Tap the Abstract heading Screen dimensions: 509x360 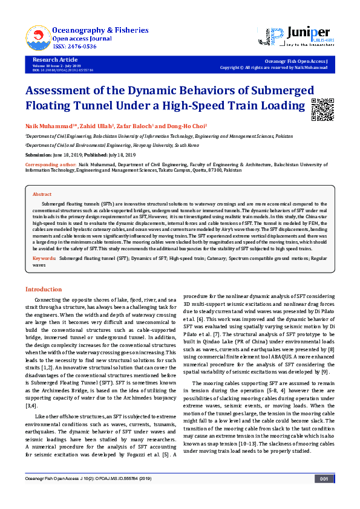(42, 195)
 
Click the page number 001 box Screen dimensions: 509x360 (323, 496)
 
